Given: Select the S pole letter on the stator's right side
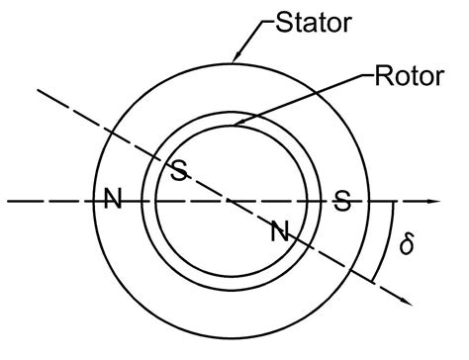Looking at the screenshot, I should (342, 202).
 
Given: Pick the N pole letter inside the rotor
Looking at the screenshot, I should (280, 233).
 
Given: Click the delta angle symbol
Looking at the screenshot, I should (405, 243).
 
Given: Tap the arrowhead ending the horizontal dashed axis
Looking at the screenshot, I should (432, 202).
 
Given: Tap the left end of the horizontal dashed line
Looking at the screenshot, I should (8, 202).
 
